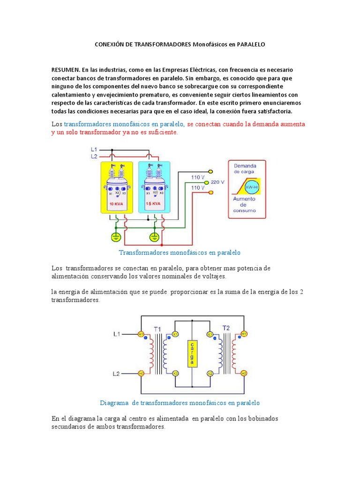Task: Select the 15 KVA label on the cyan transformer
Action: click(153, 204)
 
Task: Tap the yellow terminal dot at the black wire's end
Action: click(210, 172)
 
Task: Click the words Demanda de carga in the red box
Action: click(246, 169)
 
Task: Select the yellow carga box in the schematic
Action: click(191, 354)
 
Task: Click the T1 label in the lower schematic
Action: click(157, 329)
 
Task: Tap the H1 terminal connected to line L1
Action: click(141, 334)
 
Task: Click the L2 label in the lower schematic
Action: click(117, 374)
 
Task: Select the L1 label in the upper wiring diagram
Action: click(94, 150)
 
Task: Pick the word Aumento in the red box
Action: click(244, 199)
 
